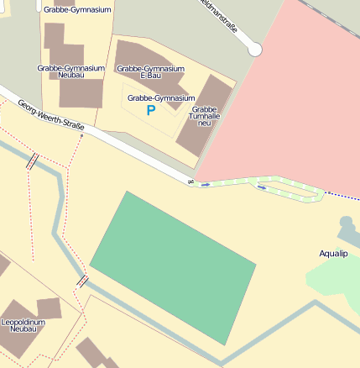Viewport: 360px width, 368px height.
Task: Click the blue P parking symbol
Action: pos(151,110)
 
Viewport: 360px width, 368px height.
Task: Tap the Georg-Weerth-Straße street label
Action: pos(51,114)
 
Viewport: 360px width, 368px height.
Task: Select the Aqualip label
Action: pos(333,253)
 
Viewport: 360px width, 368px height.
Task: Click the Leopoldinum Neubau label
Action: pos(23,325)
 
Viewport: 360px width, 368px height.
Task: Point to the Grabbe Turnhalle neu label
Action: pos(206,116)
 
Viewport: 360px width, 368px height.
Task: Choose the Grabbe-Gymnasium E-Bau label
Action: pos(150,71)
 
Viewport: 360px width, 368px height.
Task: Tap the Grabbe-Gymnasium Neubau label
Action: pos(70,71)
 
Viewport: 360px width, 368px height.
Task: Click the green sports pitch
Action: pos(173,266)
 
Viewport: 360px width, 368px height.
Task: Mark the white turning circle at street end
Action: pos(255,50)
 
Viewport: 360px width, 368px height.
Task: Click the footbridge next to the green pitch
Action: pos(83,281)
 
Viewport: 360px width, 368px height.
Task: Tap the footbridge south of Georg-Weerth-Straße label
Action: pos(33,161)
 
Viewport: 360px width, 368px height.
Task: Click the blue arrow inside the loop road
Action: pos(263,188)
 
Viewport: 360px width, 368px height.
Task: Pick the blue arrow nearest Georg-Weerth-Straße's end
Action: pos(205,184)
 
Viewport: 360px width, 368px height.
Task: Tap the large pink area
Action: pos(285,92)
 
